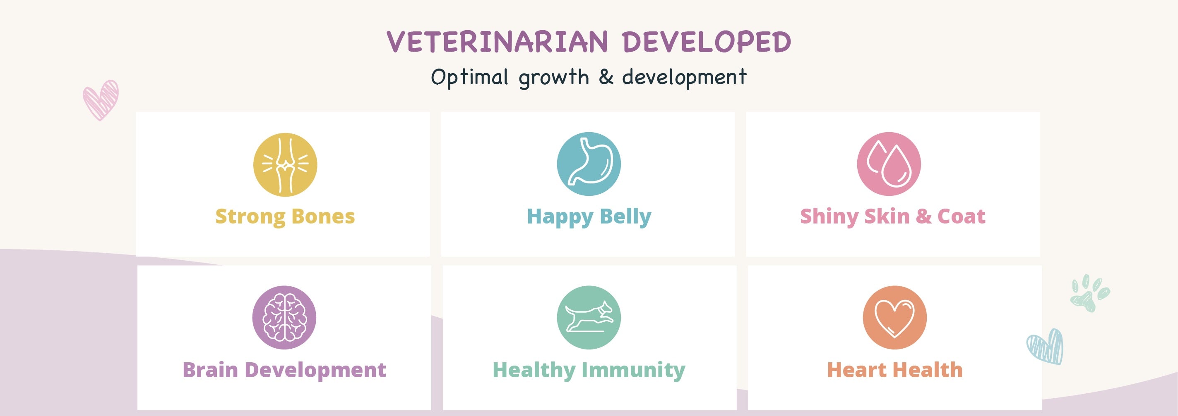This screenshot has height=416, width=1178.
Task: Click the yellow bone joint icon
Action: coord(285,165)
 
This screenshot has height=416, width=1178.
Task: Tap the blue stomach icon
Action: coord(589,164)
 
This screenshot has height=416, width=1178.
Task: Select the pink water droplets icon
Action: coord(889,164)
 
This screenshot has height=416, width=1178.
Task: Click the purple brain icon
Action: coord(284,317)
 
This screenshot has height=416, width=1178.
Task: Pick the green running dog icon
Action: coord(589,317)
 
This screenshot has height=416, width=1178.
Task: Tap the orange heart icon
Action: coord(894,317)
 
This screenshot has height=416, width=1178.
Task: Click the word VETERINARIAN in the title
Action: coord(498,42)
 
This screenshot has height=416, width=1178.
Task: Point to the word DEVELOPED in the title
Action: coord(707,42)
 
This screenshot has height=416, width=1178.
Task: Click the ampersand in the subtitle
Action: coord(606,76)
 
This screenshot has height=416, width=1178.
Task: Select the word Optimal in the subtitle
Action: coord(470,77)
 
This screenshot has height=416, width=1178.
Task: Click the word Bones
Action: coord(323,216)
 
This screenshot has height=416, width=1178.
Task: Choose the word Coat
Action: coord(961,216)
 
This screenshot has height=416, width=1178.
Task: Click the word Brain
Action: coord(210,370)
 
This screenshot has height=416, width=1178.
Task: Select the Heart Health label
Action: coord(894,370)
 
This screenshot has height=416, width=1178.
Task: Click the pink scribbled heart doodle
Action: coord(101,100)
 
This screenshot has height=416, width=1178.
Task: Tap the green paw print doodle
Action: coord(1090,293)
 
